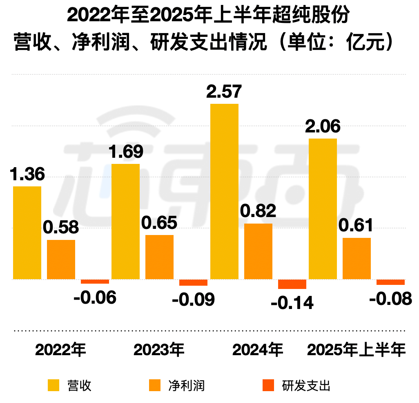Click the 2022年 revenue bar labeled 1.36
coord(27,233)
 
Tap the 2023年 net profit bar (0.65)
coord(159,257)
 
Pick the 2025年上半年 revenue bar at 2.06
coord(323,209)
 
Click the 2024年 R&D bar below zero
coord(292,284)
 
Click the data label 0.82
coord(258,211)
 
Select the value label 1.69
coord(125,152)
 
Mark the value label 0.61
coord(357,225)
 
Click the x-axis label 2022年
coord(61,350)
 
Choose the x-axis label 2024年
coord(258,350)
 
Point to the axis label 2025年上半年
coord(357,350)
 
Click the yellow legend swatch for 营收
coord(53,385)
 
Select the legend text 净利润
coord(186,385)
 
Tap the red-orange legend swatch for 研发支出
coord(268,385)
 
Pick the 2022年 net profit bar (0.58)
coord(61,260)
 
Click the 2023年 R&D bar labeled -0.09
coord(193,282)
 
